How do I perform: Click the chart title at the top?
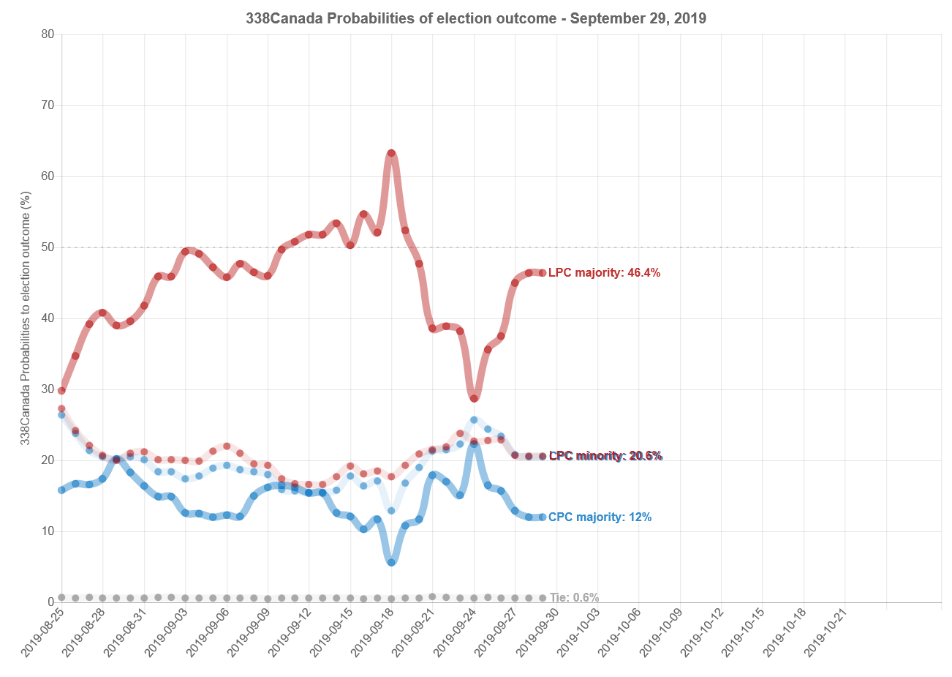coord(476,18)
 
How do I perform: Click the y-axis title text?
coord(26,318)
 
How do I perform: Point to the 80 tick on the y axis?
coord(48,34)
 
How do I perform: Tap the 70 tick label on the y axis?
coord(48,105)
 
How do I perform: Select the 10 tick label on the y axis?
coord(48,531)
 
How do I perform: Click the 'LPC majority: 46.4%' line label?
coord(604,273)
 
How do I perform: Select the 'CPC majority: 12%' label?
coord(600,517)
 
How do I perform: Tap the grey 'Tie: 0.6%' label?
coord(574,598)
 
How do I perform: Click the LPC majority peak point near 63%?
coord(391,154)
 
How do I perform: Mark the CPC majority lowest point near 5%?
coord(391,562)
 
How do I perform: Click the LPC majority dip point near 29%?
coord(474,398)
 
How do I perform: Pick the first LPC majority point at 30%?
coord(61,390)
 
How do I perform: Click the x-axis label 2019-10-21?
coord(829,634)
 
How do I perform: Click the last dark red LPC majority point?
coord(543,273)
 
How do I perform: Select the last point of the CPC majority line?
coord(543,517)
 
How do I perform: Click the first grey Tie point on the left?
coord(61,597)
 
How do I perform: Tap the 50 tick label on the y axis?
coord(48,247)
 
